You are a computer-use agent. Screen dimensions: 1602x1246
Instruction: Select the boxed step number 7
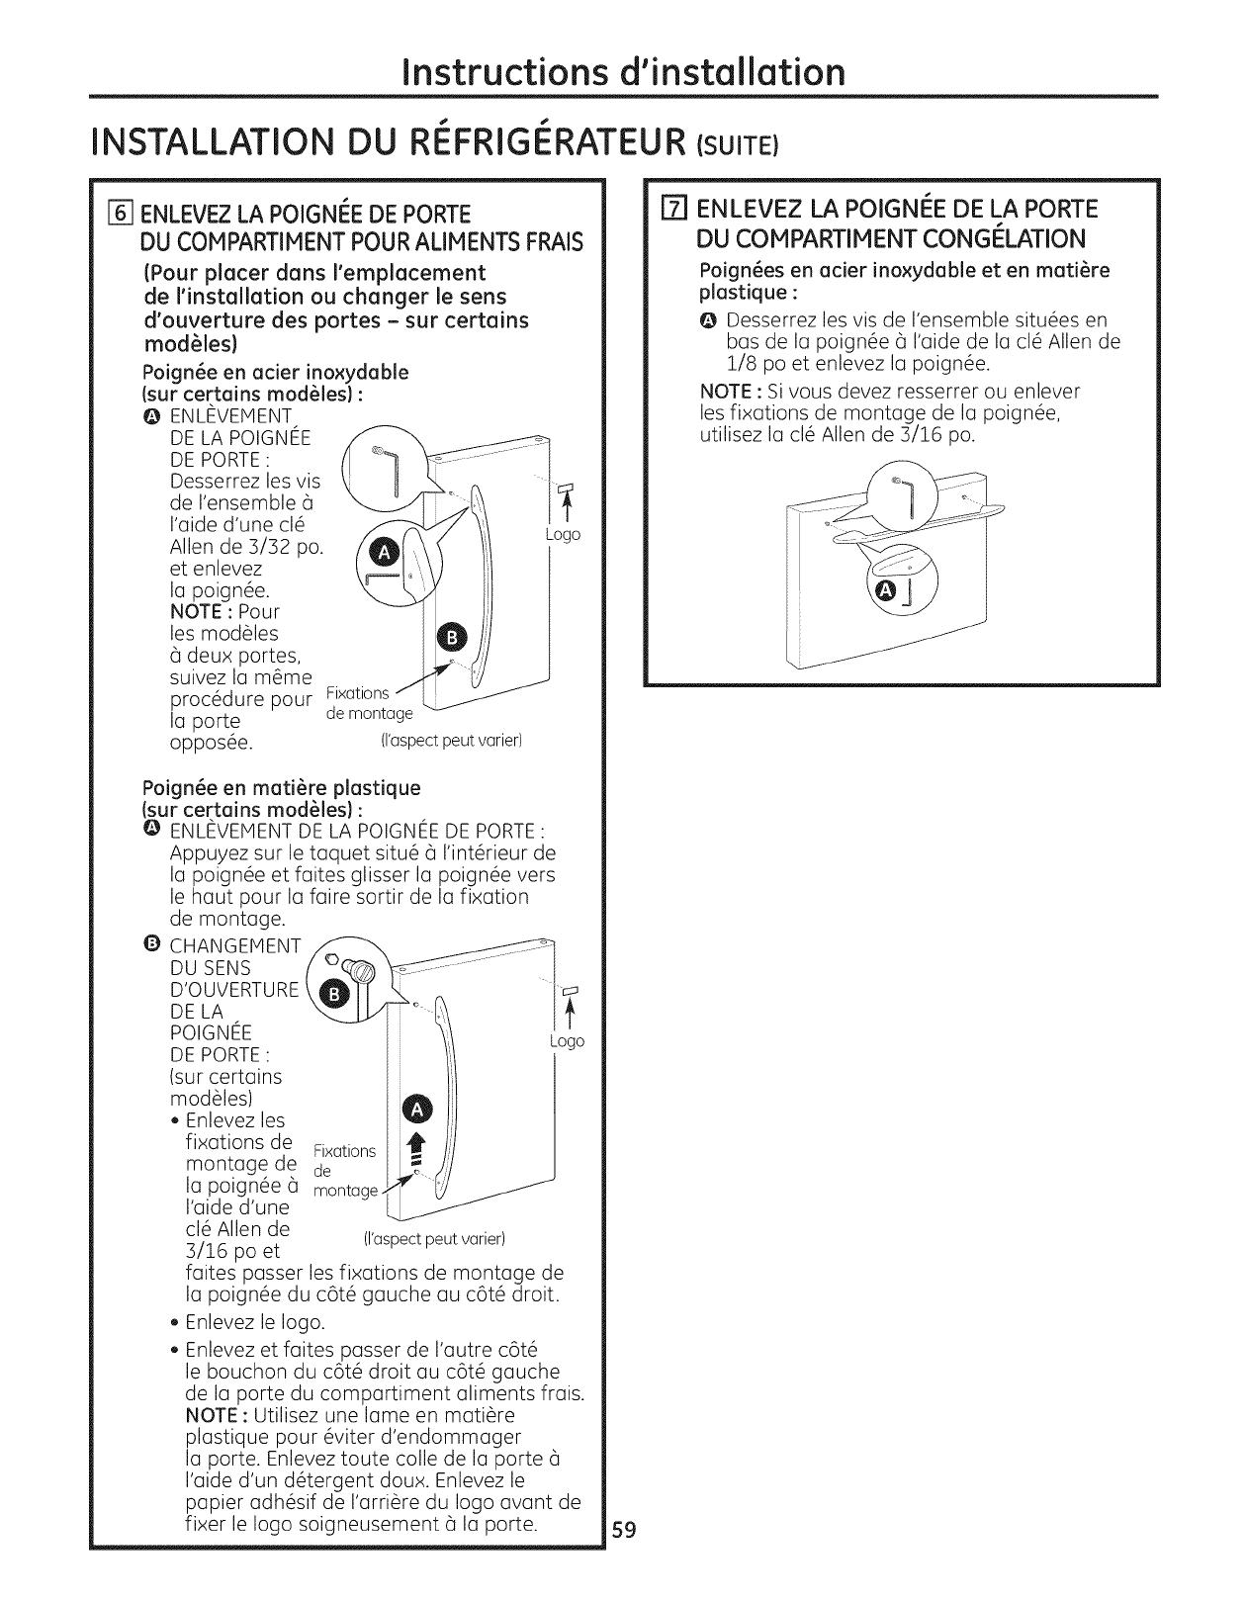click(676, 210)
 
